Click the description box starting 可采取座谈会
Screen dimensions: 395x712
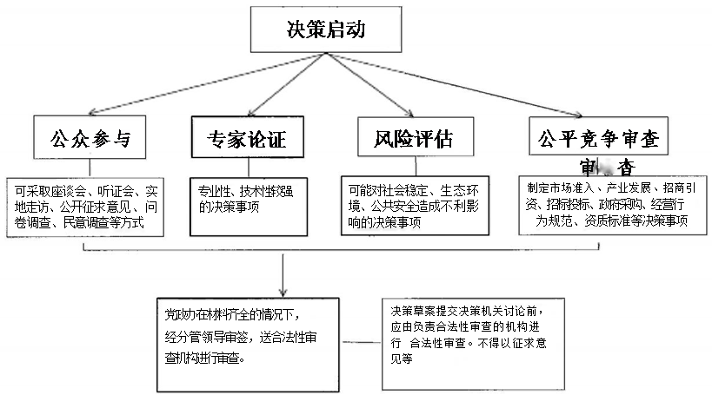tap(84, 206)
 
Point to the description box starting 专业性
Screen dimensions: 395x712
tap(249, 205)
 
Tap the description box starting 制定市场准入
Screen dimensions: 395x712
tap(609, 205)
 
